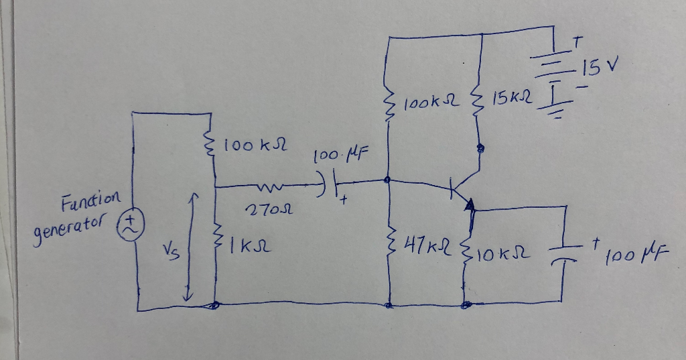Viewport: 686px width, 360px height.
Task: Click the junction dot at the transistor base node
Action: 389,180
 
